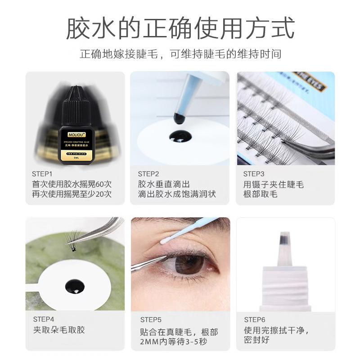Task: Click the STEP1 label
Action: click(x=42, y=173)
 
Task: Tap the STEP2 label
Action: click(x=148, y=173)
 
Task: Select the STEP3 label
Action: click(x=254, y=173)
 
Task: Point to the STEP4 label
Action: click(x=44, y=319)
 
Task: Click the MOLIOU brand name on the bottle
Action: click(x=74, y=134)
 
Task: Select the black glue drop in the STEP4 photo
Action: click(x=74, y=285)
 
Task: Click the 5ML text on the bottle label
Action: click(x=74, y=158)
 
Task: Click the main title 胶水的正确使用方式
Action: click(x=180, y=28)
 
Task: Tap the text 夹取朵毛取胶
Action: click(x=58, y=330)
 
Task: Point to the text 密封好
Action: click(x=256, y=340)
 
